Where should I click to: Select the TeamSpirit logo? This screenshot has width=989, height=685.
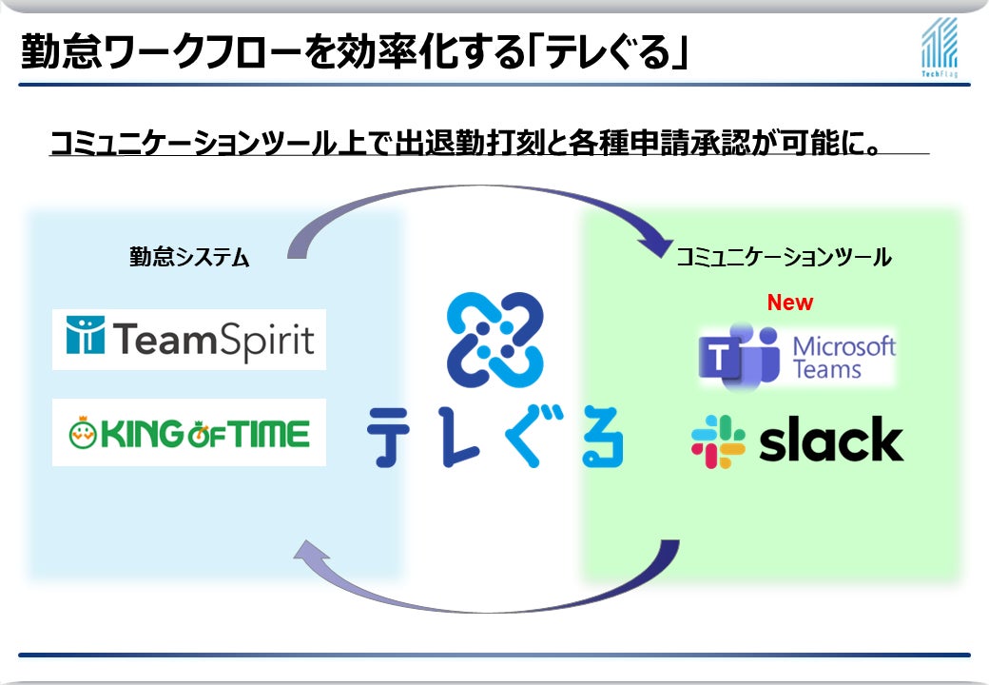pos(189,340)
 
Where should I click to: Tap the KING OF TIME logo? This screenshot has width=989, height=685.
pos(189,434)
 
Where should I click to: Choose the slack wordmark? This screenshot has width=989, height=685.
pos(831,440)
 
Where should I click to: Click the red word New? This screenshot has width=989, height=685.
pos(790,303)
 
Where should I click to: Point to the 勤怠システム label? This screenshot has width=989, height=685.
pos(189,257)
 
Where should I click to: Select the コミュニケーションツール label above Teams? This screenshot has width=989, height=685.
pos(783,257)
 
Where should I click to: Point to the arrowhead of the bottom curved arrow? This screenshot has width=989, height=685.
pos(308,552)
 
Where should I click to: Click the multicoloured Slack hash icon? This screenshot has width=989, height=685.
pos(718,441)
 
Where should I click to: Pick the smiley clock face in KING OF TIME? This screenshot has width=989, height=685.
pos(83,435)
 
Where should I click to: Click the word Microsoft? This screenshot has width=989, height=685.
pos(844,345)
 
